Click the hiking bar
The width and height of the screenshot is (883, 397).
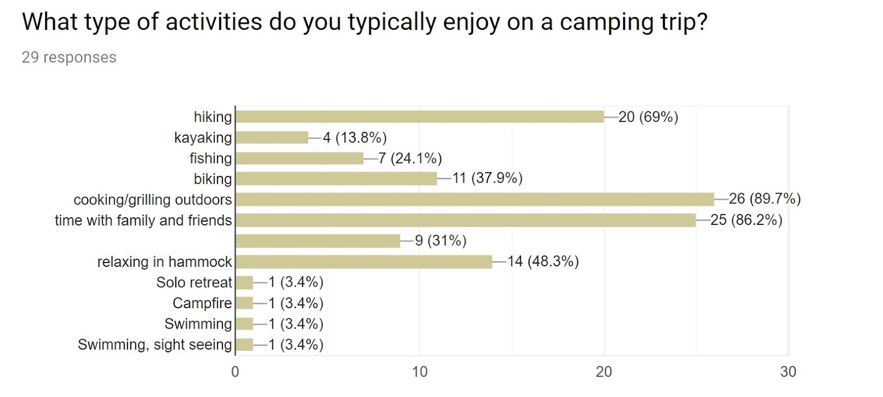point(419,117)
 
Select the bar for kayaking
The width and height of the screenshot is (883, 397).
point(272,137)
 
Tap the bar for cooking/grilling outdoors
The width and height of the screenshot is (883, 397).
point(475,199)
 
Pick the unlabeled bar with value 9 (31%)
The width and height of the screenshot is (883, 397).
point(318,241)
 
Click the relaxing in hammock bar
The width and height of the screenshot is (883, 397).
point(364,261)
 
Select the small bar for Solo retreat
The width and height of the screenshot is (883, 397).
point(244,283)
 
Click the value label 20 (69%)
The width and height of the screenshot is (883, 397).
point(648,117)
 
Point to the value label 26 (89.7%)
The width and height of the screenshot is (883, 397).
point(764,198)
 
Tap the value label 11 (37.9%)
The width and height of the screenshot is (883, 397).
point(487,178)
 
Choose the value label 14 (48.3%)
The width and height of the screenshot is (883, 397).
point(543,261)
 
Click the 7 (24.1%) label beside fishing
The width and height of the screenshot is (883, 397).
point(410,158)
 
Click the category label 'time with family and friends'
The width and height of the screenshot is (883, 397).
point(143,221)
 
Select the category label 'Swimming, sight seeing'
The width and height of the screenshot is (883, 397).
point(155,345)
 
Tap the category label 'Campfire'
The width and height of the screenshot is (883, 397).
point(202,303)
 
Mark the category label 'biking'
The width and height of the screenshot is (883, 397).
point(212,179)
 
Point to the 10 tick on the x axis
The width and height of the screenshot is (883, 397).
point(419,372)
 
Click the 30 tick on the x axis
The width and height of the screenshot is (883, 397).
point(788,372)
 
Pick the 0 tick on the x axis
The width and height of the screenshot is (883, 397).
point(235,372)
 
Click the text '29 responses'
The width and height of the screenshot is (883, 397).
point(69,57)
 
